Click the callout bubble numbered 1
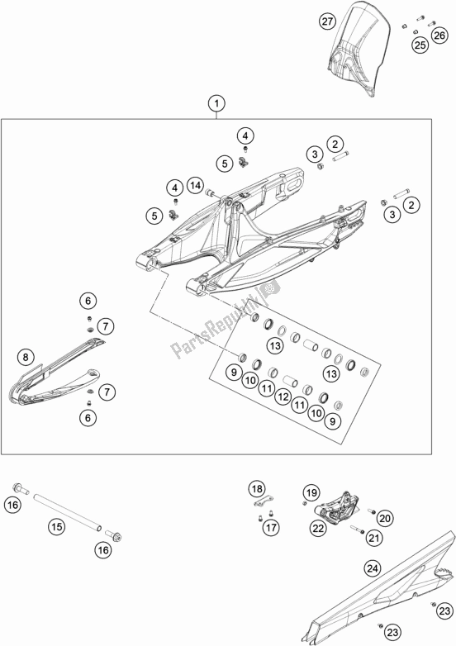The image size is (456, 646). click(x=216, y=104)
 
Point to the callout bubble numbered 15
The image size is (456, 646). click(x=55, y=525)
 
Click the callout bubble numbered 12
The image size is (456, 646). click(x=283, y=397)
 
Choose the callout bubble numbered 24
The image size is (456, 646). click(x=373, y=568)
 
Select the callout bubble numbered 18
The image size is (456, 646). click(x=256, y=488)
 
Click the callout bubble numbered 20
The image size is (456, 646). click(x=383, y=517)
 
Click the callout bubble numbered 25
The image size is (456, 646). click(x=420, y=45)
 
